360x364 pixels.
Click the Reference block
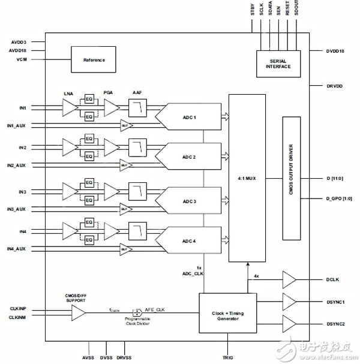pyautogui.click(x=94, y=60)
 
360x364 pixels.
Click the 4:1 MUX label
pyautogui.click(x=247, y=178)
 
